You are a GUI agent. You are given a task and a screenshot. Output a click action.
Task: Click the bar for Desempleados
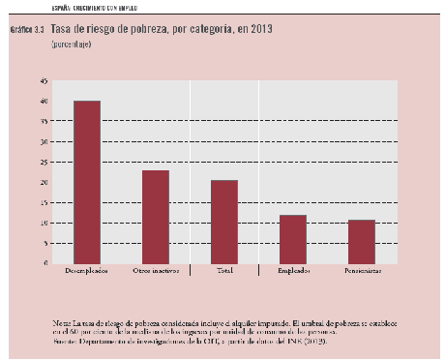(87, 182)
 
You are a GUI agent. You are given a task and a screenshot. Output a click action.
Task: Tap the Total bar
(224, 222)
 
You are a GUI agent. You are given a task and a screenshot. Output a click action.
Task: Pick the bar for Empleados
(293, 239)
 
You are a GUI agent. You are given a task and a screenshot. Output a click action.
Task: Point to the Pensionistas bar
(361, 241)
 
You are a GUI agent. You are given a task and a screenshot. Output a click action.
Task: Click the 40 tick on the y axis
(44, 101)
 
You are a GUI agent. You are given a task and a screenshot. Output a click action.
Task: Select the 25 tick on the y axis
(44, 162)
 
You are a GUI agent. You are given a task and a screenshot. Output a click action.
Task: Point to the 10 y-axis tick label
(44, 223)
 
